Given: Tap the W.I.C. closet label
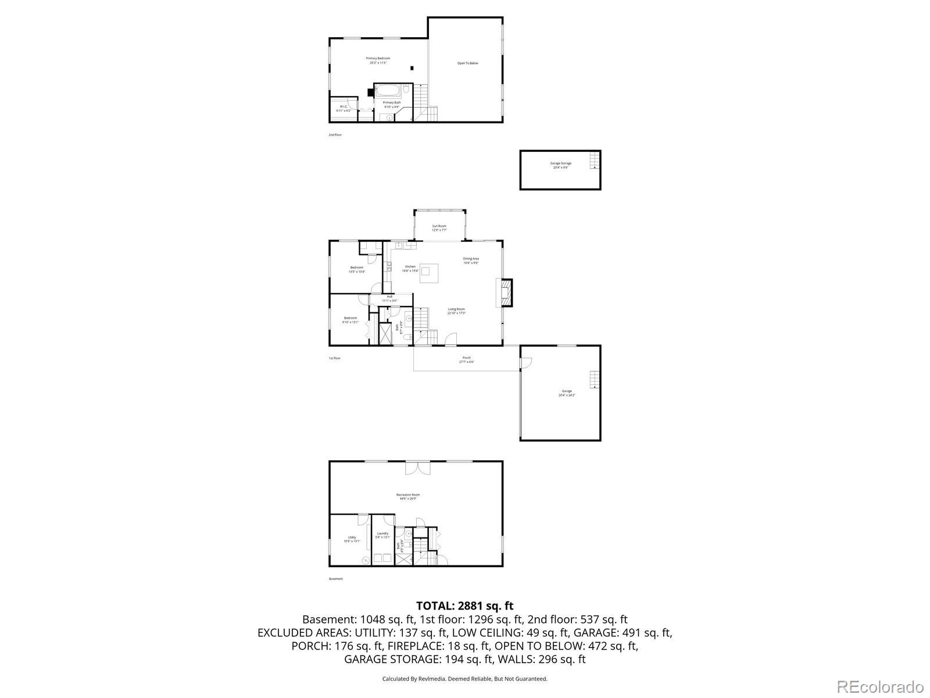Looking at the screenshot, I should pyautogui.click(x=343, y=108).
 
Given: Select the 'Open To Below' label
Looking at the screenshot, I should pyautogui.click(x=467, y=63).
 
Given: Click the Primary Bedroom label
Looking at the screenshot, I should pyautogui.click(x=378, y=60).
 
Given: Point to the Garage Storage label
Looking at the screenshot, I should pyautogui.click(x=561, y=165).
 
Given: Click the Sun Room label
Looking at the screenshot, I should pyautogui.click(x=439, y=227).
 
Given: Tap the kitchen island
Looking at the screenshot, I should pyautogui.click(x=430, y=272).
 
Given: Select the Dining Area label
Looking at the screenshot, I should pyautogui.click(x=471, y=261).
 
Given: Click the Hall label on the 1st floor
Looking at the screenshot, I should pyautogui.click(x=389, y=298).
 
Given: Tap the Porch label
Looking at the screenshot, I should pyautogui.click(x=467, y=359).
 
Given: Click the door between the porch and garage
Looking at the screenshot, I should pyautogui.click(x=526, y=362).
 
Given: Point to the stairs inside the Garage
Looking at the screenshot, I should pyautogui.click(x=593, y=379).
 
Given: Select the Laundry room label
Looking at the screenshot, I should pyautogui.click(x=382, y=535).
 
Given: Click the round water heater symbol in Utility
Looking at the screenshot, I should pyautogui.click(x=366, y=560).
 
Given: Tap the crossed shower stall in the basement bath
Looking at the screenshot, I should pyautogui.click(x=404, y=560).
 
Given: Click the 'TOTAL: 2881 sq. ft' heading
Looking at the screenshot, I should pyautogui.click(x=464, y=606).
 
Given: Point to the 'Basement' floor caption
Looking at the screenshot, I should pyautogui.click(x=336, y=579).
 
